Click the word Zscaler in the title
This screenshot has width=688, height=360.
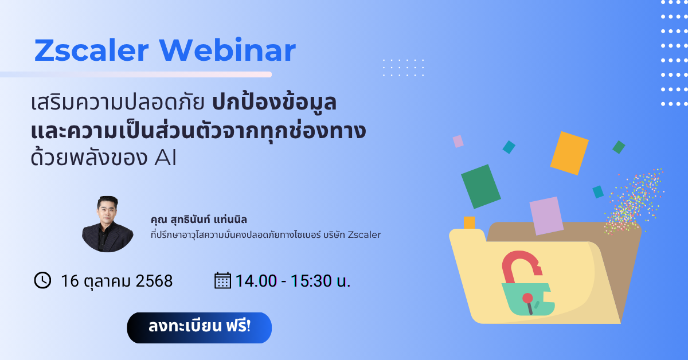92,50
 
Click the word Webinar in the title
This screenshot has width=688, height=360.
227,50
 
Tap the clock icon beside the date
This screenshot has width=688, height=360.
42,280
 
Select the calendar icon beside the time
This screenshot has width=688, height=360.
222,280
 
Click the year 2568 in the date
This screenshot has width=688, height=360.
154,281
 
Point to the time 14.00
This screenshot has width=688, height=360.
256,281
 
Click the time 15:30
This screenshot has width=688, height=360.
311,281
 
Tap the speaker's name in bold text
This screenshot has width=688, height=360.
199,220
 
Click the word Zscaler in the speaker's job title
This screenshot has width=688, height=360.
364,234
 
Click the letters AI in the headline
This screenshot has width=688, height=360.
165,158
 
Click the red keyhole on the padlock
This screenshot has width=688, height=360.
528,303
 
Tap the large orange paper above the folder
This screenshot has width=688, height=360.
569,153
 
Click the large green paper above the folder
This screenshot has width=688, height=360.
480,186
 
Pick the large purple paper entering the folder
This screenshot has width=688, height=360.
546,216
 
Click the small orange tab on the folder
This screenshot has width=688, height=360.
469,222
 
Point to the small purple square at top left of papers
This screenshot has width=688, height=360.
458,141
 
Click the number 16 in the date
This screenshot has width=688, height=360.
70,281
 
